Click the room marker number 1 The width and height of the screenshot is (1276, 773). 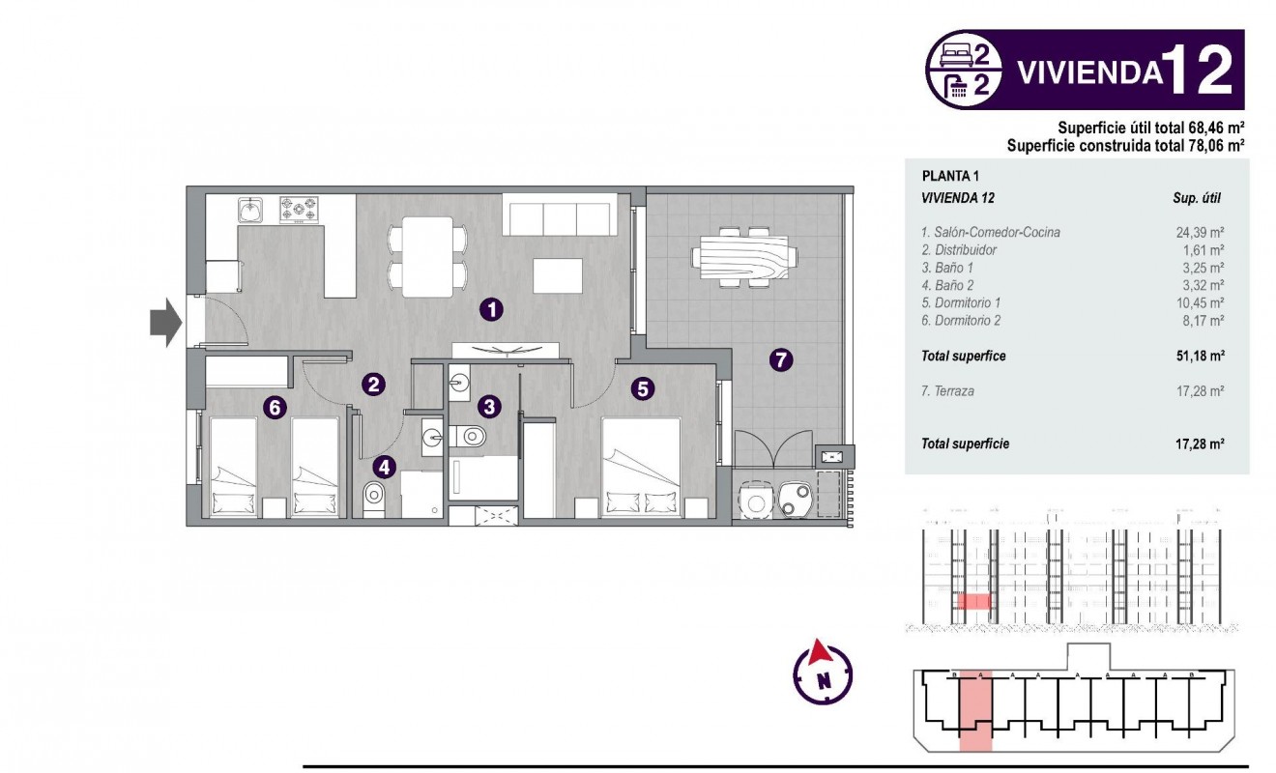click(491, 310)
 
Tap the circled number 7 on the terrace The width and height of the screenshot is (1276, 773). click(781, 360)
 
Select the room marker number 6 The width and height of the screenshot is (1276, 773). click(275, 408)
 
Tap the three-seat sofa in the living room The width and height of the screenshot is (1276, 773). click(560, 215)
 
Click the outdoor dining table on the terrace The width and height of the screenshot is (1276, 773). click(744, 258)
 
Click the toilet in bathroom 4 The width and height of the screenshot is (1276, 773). click(373, 499)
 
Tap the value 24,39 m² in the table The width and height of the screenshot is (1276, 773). click(1203, 232)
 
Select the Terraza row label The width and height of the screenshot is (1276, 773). click(948, 391)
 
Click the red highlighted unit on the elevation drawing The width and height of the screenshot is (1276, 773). click(973, 601)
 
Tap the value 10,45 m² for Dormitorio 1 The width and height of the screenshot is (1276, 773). click(1203, 302)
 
